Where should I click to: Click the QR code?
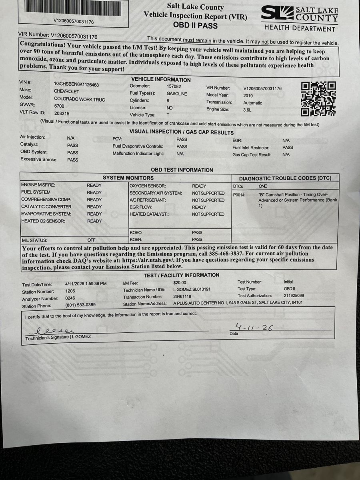click(318, 98)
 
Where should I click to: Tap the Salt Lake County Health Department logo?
click(299, 18)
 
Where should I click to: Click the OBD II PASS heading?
click(195, 25)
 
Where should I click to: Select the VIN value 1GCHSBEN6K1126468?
click(76, 84)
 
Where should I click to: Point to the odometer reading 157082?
click(174, 86)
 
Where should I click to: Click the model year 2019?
click(248, 96)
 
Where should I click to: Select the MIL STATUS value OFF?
click(92, 240)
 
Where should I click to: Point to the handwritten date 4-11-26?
click(254, 328)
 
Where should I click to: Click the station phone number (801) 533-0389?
click(80, 305)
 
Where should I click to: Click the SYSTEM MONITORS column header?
click(128, 178)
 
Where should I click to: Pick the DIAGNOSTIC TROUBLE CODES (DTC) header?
click(285, 178)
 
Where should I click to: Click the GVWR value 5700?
click(59, 106)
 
